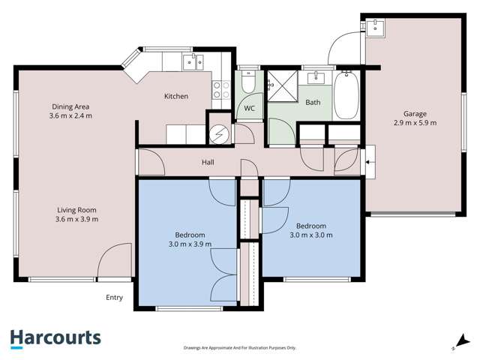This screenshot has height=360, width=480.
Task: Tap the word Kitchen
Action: [x=176, y=96]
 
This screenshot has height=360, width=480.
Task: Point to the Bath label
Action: [x=313, y=102]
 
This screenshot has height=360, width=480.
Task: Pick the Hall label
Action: [x=208, y=162]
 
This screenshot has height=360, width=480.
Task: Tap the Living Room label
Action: [x=77, y=210]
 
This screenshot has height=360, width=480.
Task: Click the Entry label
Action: [x=114, y=298]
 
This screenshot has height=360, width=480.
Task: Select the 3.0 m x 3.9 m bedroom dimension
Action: [x=189, y=244]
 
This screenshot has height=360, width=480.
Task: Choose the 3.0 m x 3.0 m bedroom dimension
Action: [x=310, y=235]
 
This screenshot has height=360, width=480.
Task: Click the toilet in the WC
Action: [x=249, y=84]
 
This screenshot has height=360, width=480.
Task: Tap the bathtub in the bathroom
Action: [x=346, y=96]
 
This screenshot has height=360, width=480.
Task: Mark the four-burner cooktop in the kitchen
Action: [x=222, y=90]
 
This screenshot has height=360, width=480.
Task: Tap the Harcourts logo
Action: [x=55, y=338]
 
